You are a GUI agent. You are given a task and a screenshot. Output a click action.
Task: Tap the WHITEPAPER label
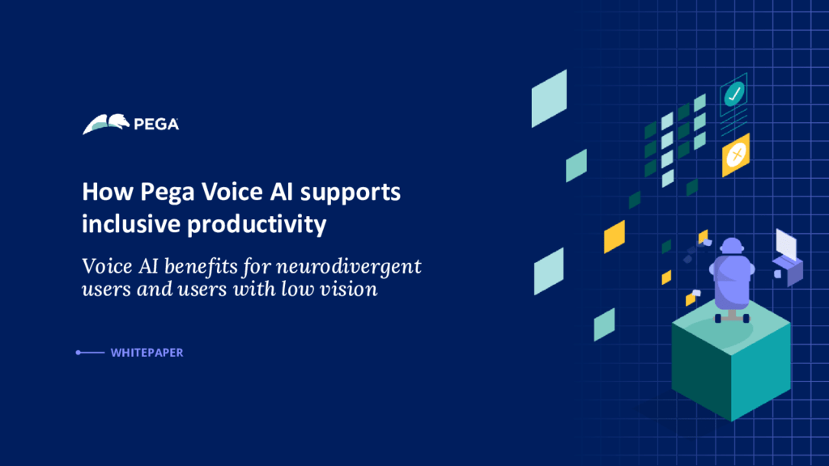pos(147,353)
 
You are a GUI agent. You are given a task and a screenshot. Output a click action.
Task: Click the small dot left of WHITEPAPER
pos(78,353)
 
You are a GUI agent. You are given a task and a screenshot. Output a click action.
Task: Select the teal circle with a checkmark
pos(734,95)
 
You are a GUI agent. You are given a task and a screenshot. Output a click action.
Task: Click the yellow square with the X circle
pos(736,154)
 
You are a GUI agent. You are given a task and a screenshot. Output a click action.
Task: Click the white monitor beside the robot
pos(786,243)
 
